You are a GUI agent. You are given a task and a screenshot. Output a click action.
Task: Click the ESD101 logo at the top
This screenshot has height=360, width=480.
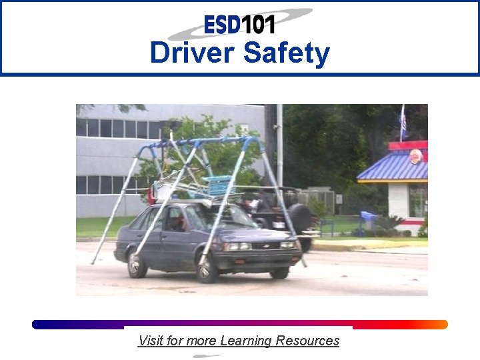click(x=240, y=25)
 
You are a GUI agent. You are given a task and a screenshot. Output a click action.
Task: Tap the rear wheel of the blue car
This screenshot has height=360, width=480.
click(x=137, y=264)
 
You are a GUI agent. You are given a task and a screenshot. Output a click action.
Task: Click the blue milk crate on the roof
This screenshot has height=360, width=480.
click(x=219, y=185)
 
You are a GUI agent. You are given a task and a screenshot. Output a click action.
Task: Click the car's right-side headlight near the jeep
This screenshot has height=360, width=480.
click(x=287, y=245)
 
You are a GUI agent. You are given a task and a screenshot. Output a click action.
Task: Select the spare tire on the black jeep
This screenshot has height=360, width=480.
click(x=301, y=218)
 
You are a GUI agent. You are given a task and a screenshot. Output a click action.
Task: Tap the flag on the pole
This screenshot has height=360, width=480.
click(x=403, y=124)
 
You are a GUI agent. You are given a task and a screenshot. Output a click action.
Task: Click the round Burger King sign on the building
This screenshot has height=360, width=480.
click(x=415, y=157)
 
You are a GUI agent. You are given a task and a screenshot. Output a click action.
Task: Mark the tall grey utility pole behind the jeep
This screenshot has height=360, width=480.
click(x=279, y=147)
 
